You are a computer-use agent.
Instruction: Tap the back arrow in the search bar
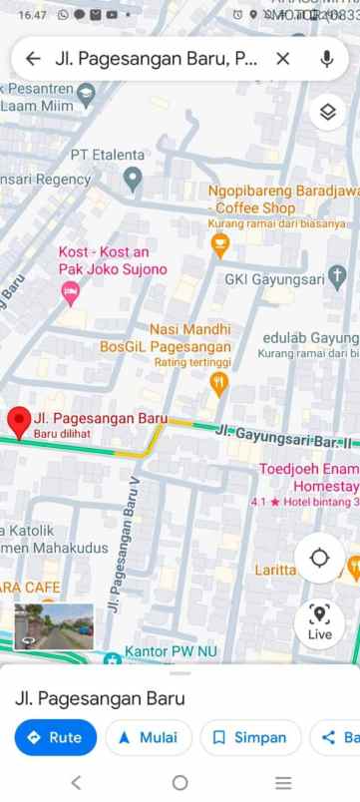(x=34, y=59)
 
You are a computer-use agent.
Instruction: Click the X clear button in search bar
(x=283, y=59)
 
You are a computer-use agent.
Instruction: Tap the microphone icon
(x=326, y=59)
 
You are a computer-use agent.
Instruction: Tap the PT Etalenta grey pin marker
(x=132, y=180)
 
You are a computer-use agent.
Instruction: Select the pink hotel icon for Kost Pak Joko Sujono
(x=70, y=291)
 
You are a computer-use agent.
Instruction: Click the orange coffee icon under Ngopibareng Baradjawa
(x=220, y=245)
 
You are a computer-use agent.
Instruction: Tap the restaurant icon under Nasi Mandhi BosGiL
(x=218, y=383)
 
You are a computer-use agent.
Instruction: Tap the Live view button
(x=319, y=623)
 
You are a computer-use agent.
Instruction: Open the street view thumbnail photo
(x=54, y=627)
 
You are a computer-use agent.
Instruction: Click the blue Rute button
(x=55, y=737)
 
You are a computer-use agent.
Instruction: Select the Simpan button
(x=249, y=737)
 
